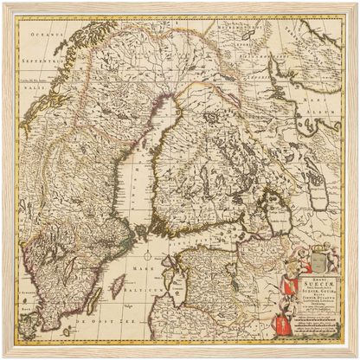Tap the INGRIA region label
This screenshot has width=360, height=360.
pyautogui.click(x=252, y=238)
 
